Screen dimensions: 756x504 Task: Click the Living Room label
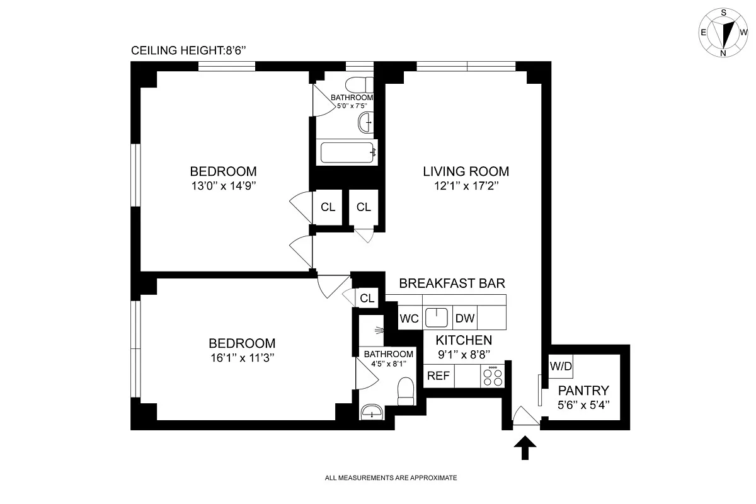pyautogui.click(x=466, y=171)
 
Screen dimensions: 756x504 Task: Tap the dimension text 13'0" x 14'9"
pyautogui.click(x=224, y=186)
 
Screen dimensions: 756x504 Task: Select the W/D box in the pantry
pyautogui.click(x=561, y=366)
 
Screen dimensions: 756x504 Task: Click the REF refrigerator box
pyautogui.click(x=438, y=375)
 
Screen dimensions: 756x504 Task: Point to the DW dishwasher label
pyautogui.click(x=465, y=318)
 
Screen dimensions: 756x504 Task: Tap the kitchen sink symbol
pyautogui.click(x=437, y=318)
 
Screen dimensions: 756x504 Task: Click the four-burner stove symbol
pyautogui.click(x=493, y=376)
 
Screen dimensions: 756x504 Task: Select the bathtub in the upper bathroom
pyautogui.click(x=348, y=152)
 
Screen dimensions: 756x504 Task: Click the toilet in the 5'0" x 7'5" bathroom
pyautogui.click(x=359, y=84)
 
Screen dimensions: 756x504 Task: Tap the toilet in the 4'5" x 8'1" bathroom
pyautogui.click(x=406, y=391)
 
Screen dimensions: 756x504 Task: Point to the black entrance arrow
pyautogui.click(x=525, y=448)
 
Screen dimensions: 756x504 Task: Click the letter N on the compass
pyautogui.click(x=723, y=54)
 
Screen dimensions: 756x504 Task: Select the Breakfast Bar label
pyautogui.click(x=452, y=283)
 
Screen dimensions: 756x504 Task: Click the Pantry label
pyautogui.click(x=583, y=391)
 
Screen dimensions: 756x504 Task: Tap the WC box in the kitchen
pyautogui.click(x=409, y=318)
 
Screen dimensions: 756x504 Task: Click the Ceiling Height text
pyautogui.click(x=188, y=50)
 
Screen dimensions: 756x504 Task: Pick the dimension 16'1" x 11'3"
pyautogui.click(x=243, y=358)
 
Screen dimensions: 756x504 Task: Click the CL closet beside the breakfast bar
pyautogui.click(x=367, y=298)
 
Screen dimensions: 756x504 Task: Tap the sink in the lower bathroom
pyautogui.click(x=372, y=412)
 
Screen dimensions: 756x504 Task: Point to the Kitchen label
pyautogui.click(x=464, y=340)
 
